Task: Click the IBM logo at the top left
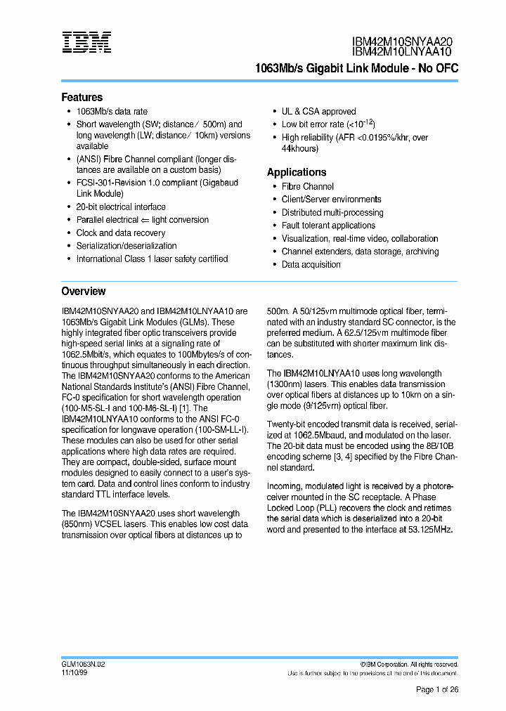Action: tap(86, 42)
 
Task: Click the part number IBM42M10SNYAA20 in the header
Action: tap(402, 41)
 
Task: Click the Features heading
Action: tap(82, 98)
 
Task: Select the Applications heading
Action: tap(297, 172)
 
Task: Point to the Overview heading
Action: tap(83, 291)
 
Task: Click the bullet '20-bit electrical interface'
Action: tap(121, 207)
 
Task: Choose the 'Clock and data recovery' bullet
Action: tap(121, 233)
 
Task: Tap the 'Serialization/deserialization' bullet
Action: tap(126, 246)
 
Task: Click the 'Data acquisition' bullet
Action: tap(311, 265)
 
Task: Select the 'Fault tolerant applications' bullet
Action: tap(328, 226)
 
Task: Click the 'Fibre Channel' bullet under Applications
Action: tap(307, 187)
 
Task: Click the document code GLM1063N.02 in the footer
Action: tap(83, 664)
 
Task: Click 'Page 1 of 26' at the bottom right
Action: tap(436, 690)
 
